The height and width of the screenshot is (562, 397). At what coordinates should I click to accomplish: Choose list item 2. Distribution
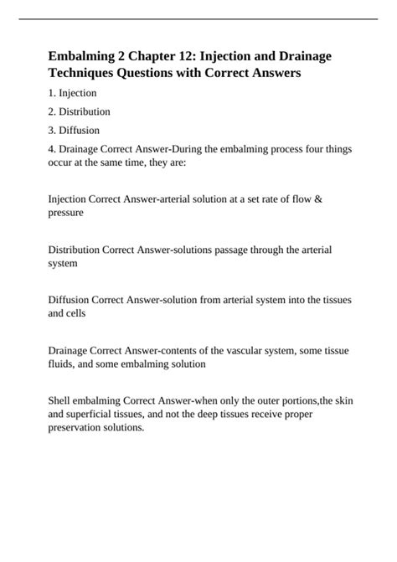pyautogui.click(x=80, y=111)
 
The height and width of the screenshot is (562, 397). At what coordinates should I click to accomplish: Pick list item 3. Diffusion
pyautogui.click(x=75, y=130)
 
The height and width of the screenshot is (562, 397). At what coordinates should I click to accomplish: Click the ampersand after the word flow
pyautogui.click(x=344, y=200)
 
